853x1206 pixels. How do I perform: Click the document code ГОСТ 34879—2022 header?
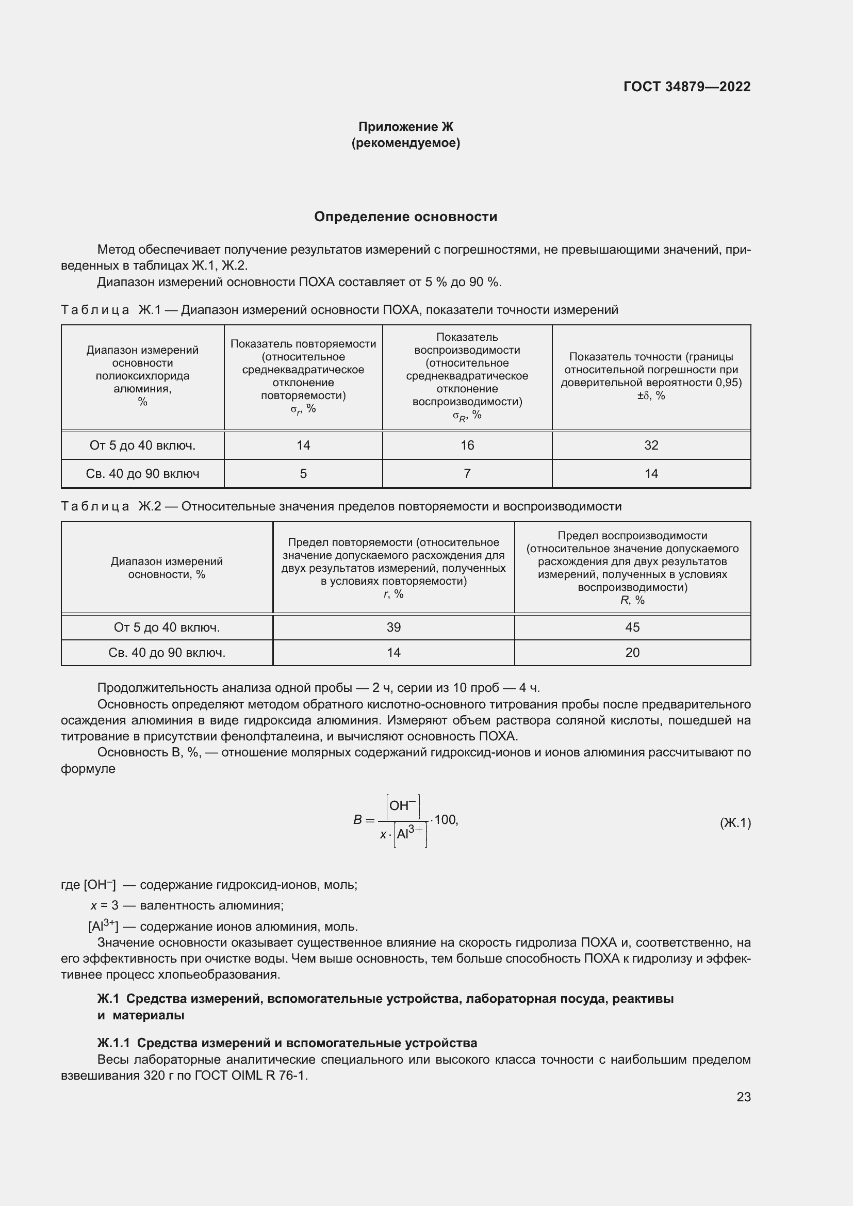pyautogui.click(x=686, y=87)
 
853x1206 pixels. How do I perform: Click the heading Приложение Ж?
pyautogui.click(x=405, y=127)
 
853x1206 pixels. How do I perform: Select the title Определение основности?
pyautogui.click(x=405, y=217)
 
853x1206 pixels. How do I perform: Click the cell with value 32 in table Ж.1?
pyautogui.click(x=651, y=445)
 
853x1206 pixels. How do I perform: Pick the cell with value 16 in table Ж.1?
pyautogui.click(x=467, y=445)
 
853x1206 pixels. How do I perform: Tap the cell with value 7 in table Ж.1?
pyautogui.click(x=467, y=474)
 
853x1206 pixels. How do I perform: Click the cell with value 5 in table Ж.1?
pyautogui.click(x=303, y=474)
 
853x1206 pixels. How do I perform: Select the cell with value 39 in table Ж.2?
pyautogui.click(x=393, y=627)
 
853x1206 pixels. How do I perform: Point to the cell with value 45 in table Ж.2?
pyautogui.click(x=632, y=627)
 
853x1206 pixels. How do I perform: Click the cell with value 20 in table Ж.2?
pyautogui.click(x=632, y=652)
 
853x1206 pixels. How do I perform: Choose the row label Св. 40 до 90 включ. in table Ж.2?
pyautogui.click(x=167, y=652)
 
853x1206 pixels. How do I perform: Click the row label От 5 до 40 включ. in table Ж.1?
pyautogui.click(x=142, y=445)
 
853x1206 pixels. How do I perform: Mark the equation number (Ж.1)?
pyautogui.click(x=735, y=822)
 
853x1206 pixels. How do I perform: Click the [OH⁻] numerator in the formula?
pyautogui.click(x=403, y=806)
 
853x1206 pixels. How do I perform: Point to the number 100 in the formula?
pyautogui.click(x=446, y=819)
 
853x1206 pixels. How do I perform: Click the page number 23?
pyautogui.click(x=743, y=1097)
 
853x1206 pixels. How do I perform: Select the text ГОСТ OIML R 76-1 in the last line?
pyautogui.click(x=250, y=1075)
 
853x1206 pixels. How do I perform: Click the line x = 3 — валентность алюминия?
pyautogui.click(x=187, y=905)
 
